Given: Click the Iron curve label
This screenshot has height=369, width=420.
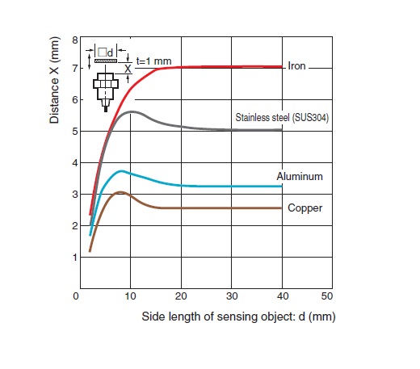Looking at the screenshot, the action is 296,66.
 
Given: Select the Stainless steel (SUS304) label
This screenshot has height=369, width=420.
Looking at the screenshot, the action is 282,118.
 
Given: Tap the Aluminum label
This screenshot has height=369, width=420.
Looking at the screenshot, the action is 300,176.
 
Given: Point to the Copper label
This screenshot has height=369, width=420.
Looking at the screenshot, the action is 304,208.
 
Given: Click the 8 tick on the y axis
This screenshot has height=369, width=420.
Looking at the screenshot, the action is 75,40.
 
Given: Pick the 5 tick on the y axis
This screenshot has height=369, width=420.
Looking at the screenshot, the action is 75,132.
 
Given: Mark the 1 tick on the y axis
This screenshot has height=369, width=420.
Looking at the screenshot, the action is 75,258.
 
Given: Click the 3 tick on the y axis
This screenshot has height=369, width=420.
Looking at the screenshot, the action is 75,195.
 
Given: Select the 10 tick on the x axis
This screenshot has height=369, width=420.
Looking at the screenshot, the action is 130,296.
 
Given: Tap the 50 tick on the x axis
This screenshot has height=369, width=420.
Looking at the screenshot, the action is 327,296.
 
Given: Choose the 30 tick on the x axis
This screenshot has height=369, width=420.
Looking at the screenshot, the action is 232,296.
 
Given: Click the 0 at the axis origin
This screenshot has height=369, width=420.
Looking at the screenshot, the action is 76,296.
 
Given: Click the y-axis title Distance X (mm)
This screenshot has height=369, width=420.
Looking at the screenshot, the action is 54,80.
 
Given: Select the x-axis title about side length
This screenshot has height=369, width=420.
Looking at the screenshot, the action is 238,317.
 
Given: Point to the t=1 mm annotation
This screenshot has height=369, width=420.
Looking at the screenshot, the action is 153,61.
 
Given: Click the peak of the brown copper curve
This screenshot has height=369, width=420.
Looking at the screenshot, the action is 120,192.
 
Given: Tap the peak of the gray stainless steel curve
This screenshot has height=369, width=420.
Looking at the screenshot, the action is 132,111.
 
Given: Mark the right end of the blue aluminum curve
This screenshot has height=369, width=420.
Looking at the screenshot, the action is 282,187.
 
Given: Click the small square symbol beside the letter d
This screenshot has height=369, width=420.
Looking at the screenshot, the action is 103,52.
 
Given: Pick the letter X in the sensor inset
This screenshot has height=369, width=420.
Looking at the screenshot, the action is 128,69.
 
